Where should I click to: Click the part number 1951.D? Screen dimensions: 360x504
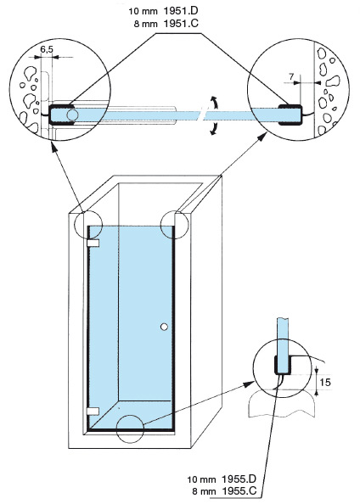coord(181,11)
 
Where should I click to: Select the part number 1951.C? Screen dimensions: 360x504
coord(181,24)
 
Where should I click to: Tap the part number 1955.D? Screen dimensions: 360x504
coord(239,479)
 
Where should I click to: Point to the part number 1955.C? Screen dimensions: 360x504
coord(239,491)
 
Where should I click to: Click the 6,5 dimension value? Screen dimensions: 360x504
coord(47,49)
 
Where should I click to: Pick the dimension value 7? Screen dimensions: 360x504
coord(291,76)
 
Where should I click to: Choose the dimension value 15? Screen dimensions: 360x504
coord(325,382)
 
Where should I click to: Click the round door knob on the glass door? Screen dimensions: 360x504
coord(164,327)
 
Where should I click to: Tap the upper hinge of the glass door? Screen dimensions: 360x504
coord(93,244)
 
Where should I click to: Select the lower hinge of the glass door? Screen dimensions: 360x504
coord(93,412)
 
